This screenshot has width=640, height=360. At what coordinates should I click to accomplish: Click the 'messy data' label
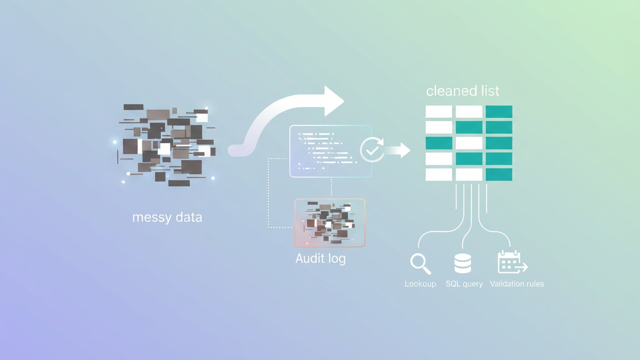tap(167, 217)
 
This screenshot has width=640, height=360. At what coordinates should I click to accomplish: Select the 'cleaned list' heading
tap(462, 91)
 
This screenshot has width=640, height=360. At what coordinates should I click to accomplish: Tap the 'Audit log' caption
tap(320, 258)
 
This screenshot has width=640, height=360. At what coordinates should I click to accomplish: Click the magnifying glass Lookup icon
tap(420, 264)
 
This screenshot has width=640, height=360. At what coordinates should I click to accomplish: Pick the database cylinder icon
tap(462, 263)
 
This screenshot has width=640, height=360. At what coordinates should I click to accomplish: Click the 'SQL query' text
tap(464, 284)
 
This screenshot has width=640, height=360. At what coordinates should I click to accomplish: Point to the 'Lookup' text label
tap(420, 284)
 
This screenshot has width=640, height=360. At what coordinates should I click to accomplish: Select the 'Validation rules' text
tap(517, 284)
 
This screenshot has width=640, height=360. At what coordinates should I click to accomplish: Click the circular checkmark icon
tap(372, 150)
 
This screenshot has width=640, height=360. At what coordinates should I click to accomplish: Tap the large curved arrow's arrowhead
tap(333, 101)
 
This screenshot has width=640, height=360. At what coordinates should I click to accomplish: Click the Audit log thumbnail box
tap(330, 223)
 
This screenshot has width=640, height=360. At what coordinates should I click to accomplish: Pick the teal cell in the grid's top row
tap(499, 112)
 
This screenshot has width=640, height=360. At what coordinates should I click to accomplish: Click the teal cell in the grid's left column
tap(439, 143)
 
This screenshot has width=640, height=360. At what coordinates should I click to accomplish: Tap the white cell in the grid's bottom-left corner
tap(439, 174)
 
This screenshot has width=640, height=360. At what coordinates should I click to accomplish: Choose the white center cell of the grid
tap(469, 143)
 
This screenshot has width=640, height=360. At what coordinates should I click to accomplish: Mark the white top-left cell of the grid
tap(439, 112)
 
